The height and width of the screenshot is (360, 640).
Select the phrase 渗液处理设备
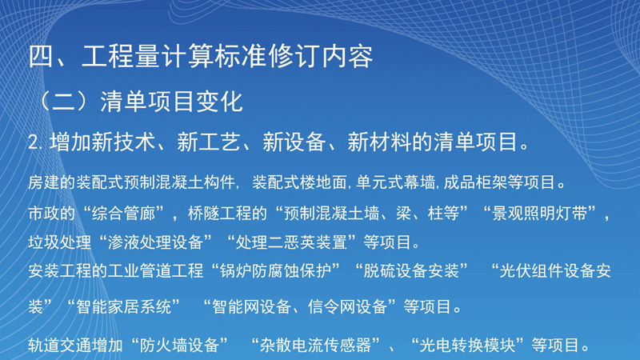coord(155,242)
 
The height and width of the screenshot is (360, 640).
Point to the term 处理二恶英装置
coord(291,242)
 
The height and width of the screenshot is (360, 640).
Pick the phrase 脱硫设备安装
coord(411,271)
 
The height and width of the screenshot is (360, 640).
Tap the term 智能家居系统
coord(124,306)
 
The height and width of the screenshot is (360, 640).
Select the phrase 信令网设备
coord(348,306)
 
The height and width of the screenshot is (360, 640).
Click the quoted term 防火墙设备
coord(179,346)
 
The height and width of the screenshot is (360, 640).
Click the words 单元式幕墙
coord(395,182)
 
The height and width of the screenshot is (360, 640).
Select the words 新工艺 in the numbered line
coord(209,142)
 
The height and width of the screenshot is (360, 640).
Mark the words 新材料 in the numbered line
coord(379,142)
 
